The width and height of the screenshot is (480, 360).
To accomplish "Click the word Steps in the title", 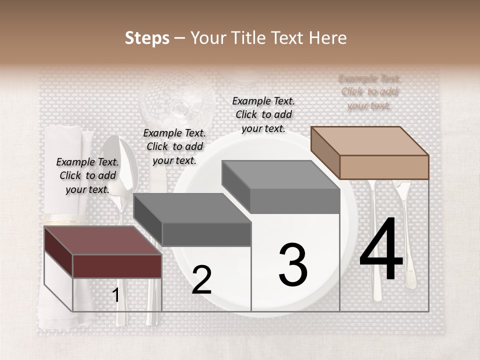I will (147, 38).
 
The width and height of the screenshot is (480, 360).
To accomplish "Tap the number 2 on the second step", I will (201, 280).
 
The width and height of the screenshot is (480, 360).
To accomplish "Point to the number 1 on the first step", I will (115, 295).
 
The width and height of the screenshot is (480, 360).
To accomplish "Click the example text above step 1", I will (87, 175).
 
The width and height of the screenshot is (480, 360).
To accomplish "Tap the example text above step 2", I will (174, 146).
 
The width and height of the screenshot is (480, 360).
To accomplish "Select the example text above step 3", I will (263, 114).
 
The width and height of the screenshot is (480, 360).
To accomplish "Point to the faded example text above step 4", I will (369, 92).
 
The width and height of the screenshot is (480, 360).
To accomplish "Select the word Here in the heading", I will (327, 38).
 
